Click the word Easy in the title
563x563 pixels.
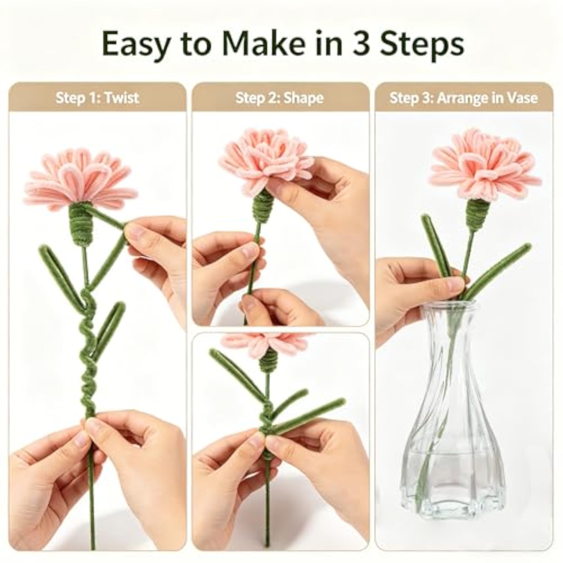(x=136, y=45)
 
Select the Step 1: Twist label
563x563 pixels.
(x=97, y=98)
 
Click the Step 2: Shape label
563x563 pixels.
(x=279, y=98)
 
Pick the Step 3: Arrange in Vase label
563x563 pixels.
(x=464, y=98)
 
